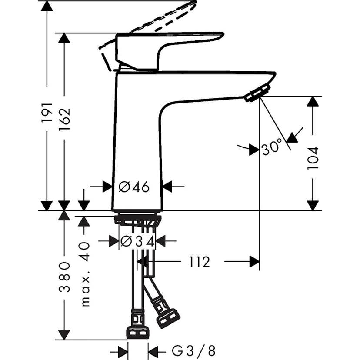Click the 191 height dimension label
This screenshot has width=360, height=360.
(47, 112)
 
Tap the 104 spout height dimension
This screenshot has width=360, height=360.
(313, 157)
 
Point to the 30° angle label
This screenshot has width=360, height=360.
(272, 148)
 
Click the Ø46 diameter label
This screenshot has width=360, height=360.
(134, 187)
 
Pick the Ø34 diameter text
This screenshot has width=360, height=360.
(137, 241)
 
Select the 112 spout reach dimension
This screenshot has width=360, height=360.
(199, 262)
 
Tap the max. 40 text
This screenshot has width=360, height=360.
(85, 274)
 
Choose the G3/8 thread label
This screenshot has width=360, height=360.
(193, 350)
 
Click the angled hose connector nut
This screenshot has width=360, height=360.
(168, 319)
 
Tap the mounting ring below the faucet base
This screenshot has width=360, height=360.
(137, 219)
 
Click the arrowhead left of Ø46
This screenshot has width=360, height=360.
(107, 187)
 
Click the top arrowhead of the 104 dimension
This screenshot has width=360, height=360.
(313, 102)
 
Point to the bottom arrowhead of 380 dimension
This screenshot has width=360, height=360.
(64, 335)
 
